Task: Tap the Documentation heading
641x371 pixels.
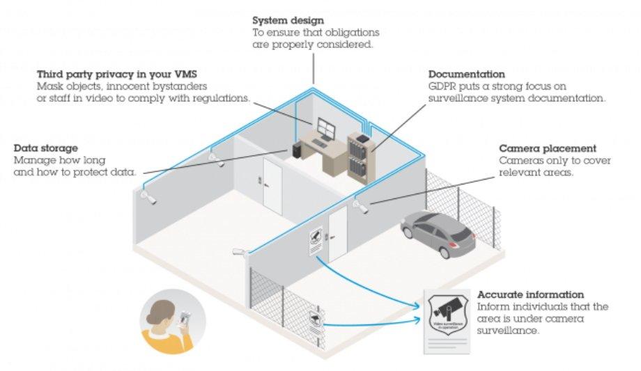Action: point(466,74)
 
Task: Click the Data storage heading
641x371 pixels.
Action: point(46,148)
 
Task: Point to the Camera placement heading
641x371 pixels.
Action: point(548,148)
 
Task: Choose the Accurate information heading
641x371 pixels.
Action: point(531,294)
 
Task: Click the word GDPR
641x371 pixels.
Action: point(442,86)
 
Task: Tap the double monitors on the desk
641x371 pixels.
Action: point(325,128)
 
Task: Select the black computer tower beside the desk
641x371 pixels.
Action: point(297,148)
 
